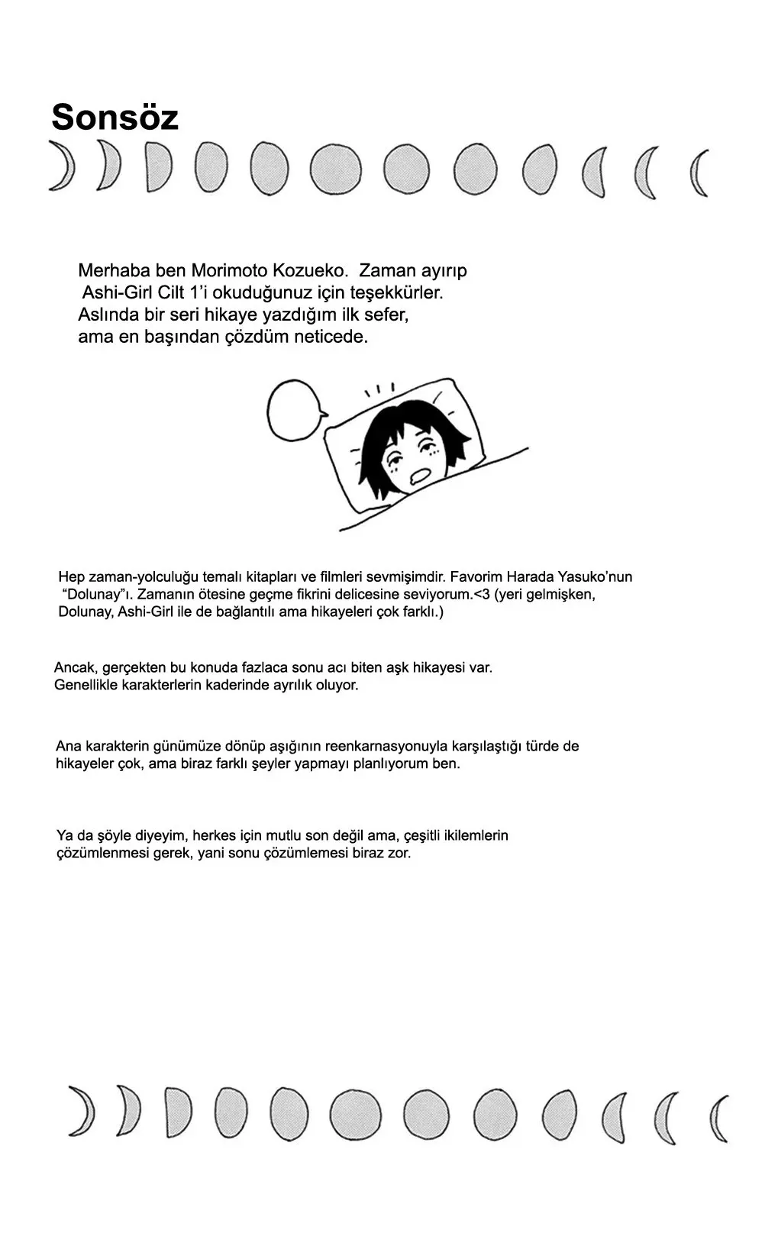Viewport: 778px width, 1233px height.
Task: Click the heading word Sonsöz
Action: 115,118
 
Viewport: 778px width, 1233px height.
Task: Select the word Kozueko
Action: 310,271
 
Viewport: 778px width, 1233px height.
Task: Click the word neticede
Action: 331,337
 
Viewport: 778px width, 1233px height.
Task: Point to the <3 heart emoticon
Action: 480,595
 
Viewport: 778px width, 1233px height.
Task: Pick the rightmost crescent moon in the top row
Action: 699,173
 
